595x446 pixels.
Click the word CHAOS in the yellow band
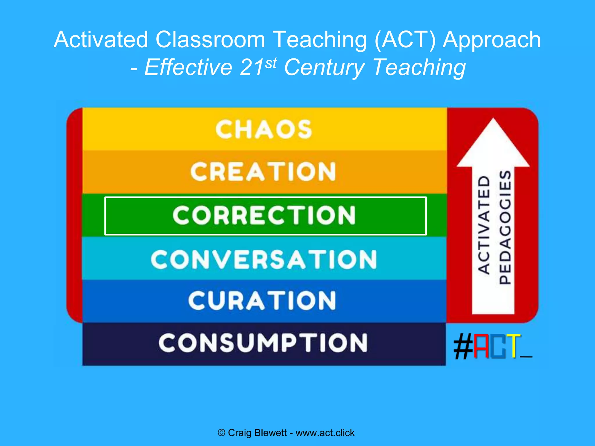point(264,130)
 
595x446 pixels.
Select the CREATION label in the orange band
point(263,172)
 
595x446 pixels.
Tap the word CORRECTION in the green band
point(264,215)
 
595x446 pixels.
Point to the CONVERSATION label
point(264,259)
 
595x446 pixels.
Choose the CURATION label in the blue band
point(262,301)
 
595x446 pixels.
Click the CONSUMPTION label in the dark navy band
point(263,343)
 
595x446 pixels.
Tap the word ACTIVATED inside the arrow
point(484,225)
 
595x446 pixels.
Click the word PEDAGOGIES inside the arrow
point(505,227)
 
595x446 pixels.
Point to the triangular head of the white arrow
point(493,145)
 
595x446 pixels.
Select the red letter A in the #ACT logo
point(481,346)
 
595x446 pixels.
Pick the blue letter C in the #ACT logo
point(497,346)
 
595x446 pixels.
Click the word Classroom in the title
point(210,39)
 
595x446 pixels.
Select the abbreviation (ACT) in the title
point(405,39)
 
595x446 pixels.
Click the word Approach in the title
point(492,40)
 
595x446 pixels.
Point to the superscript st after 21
point(271,63)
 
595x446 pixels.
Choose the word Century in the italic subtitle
point(324,67)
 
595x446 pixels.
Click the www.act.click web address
point(325,433)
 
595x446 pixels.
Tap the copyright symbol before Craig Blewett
point(221,433)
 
